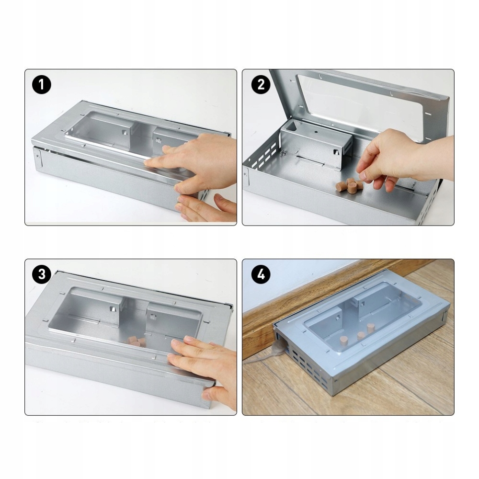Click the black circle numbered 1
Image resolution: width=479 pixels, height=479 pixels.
[x=42, y=85]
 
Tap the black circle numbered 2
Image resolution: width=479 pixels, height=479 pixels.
[x=261, y=85]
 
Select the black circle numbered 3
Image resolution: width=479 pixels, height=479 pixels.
[x=42, y=274]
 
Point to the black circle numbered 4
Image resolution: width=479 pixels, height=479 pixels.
[x=261, y=274]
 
